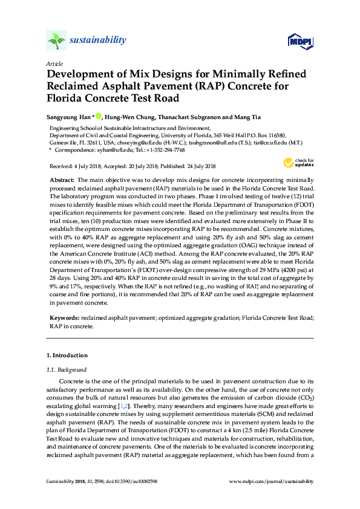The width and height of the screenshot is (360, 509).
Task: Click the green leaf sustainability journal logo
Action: coord(56,41)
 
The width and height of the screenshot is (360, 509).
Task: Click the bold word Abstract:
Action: coord(61,181)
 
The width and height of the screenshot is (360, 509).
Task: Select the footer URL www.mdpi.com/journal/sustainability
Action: coord(273,481)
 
